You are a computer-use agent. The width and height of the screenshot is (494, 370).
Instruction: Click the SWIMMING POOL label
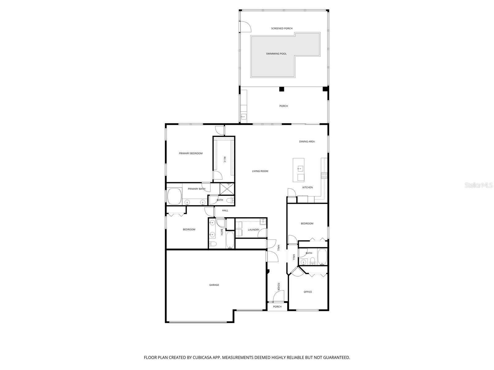click(276, 54)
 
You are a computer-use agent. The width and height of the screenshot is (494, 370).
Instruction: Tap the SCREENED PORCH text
click(282, 28)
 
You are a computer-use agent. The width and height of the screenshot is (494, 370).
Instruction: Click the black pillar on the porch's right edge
click(325, 89)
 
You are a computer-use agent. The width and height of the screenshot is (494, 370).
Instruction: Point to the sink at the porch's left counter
click(244, 117)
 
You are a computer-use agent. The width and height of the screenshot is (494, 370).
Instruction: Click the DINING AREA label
click(307, 142)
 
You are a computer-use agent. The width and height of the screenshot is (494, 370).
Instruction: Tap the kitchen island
click(299, 170)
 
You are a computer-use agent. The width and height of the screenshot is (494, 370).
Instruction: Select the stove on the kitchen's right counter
click(324, 175)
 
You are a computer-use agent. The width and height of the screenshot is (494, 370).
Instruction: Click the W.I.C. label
click(225, 159)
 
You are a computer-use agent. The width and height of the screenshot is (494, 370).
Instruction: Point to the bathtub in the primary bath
click(174, 196)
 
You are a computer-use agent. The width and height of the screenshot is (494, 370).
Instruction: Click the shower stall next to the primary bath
click(227, 188)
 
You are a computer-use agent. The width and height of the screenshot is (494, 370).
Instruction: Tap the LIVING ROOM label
click(260, 171)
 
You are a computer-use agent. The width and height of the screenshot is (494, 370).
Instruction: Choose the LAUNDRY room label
click(253, 230)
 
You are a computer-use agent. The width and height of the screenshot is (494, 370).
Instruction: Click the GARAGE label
click(214, 285)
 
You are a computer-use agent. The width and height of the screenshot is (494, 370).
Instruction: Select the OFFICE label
click(308, 292)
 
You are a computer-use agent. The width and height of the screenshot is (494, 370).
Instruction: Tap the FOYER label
click(278, 287)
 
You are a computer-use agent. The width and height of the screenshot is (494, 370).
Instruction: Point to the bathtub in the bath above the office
click(322, 257)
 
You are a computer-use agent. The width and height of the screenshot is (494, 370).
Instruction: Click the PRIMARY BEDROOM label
click(190, 153)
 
